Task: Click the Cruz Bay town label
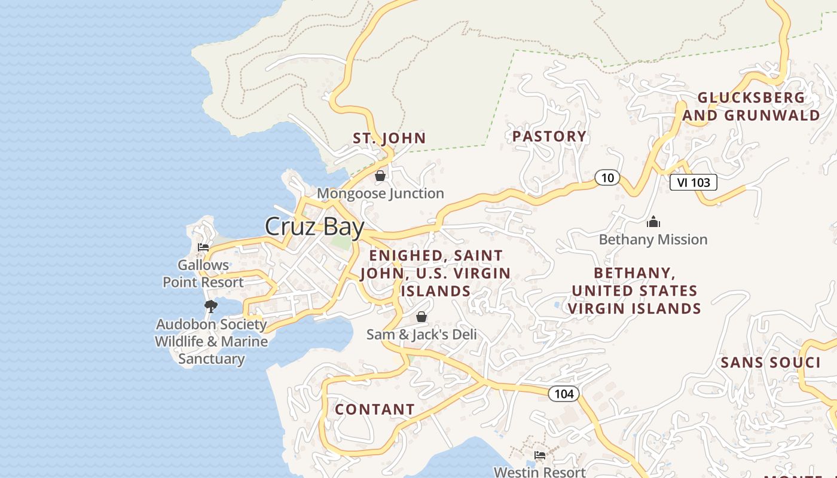click(x=314, y=227)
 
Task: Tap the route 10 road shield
click(x=607, y=177)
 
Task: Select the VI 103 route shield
click(x=693, y=182)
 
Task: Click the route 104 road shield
click(x=563, y=393)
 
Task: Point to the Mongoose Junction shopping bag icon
click(x=380, y=176)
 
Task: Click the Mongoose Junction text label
click(x=380, y=194)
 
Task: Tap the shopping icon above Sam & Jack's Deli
click(x=421, y=317)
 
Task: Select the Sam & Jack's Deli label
click(x=421, y=334)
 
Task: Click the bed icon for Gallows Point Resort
click(x=203, y=247)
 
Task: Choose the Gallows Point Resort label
click(x=203, y=274)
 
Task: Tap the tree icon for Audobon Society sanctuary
click(x=210, y=307)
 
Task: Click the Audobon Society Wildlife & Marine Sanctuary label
click(x=211, y=341)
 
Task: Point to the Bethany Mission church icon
click(x=653, y=222)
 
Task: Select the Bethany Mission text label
click(x=653, y=240)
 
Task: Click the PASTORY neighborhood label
click(x=549, y=136)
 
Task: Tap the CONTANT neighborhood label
click(x=374, y=409)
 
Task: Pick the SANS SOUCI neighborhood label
click(x=770, y=363)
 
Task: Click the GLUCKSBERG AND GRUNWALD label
click(x=752, y=106)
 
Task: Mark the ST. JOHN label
click(x=389, y=138)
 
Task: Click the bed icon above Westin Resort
click(x=540, y=455)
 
